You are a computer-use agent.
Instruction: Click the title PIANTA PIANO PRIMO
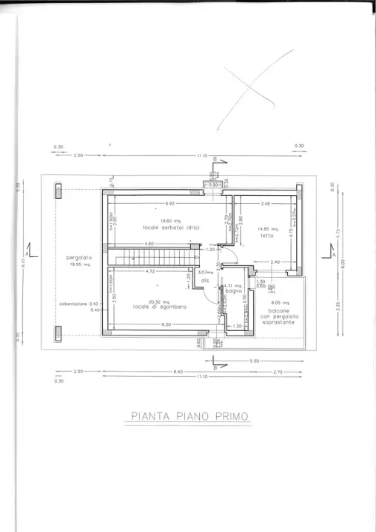point(189,416)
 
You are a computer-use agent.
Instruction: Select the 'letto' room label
point(266,235)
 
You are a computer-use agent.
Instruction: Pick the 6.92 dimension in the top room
point(169,203)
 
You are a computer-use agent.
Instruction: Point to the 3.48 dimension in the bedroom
point(264,203)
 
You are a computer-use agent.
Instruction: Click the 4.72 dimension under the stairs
point(150,271)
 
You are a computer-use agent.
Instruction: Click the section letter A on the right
point(334,254)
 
